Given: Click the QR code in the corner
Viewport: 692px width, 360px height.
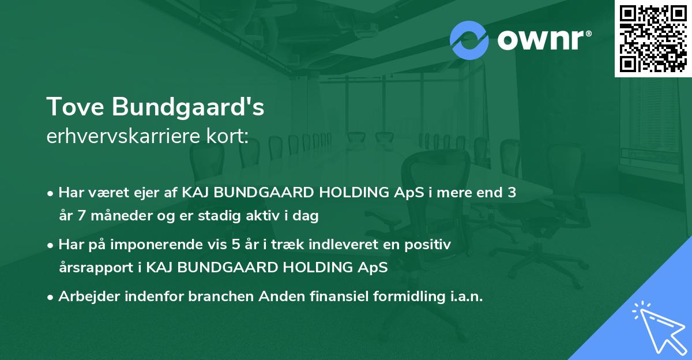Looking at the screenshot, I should coord(653,39).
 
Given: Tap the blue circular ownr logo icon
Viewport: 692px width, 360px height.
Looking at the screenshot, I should coord(469,39).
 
